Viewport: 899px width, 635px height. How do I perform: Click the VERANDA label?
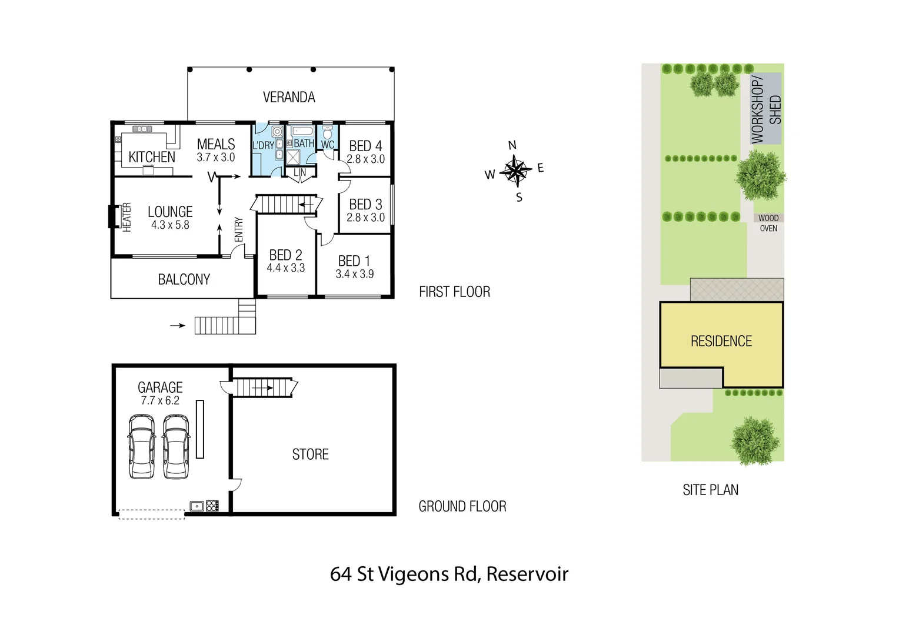pos(289,97)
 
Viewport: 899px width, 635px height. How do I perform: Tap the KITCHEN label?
pos(152,157)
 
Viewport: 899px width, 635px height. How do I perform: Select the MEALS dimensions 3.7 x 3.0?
pos(215,158)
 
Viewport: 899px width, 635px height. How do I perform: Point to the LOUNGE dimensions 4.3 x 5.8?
pos(170,225)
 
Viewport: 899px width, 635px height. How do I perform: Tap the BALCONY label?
pos(184,279)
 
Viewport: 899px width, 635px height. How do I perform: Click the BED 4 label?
pos(365,146)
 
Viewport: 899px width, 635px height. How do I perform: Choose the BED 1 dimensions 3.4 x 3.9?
pos(354,274)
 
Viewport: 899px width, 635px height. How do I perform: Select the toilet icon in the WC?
pos(328,132)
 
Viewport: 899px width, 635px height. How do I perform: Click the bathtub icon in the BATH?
pos(303,131)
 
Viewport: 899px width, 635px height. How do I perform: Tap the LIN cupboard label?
pos(300,173)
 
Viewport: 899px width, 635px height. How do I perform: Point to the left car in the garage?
pos(142,446)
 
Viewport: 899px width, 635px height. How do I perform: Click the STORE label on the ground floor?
pos(310,454)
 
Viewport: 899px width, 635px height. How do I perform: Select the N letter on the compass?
pos(512,145)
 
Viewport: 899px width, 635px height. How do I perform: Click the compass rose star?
pos(515,171)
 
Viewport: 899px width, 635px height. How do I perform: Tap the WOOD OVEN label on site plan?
pos(768,223)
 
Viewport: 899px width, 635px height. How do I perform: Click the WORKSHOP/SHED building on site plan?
pos(766,109)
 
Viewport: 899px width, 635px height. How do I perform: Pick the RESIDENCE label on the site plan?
pos(721,342)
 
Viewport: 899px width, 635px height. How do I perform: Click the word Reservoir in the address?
pos(527,574)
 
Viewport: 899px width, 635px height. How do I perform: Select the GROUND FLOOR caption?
pos(462,506)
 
